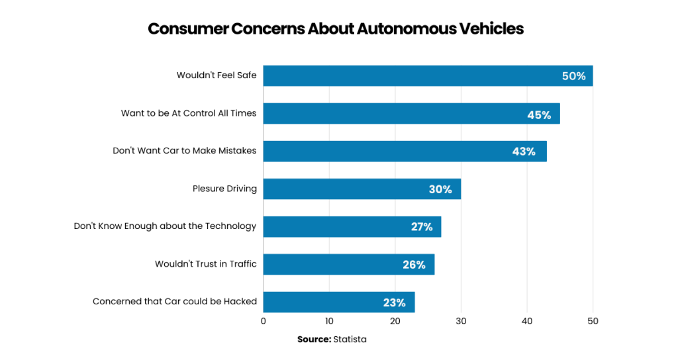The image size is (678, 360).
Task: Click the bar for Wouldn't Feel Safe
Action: coord(428,76)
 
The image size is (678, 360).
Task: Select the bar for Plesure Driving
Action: coord(362,189)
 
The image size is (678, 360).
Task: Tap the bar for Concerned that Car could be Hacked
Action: coord(338,302)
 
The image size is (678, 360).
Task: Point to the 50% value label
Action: coord(574,76)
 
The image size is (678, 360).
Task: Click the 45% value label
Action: coord(539,114)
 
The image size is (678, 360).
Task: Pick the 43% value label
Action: coord(524,152)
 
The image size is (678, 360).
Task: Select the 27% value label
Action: coord(422,227)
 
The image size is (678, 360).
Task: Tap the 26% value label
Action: coord(414,265)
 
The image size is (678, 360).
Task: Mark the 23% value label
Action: coord(394,302)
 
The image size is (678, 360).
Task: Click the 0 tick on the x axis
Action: coord(264,321)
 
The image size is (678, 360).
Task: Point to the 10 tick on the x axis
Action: coord(329,321)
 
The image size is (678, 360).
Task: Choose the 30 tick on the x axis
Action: coord(461,321)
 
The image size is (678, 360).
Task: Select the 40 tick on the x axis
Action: coord(527,321)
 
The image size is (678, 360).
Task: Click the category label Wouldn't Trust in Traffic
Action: coord(206,264)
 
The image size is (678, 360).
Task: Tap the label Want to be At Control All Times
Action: coord(189,113)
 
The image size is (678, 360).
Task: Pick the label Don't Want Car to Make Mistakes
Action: coord(185,151)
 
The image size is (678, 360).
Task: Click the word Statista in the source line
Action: coord(350,339)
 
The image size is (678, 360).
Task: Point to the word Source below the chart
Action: coord(314,339)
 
